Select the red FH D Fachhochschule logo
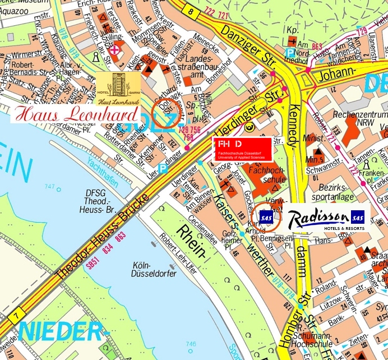(242, 149)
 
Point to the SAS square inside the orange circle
(266, 216)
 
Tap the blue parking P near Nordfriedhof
(289, 52)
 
